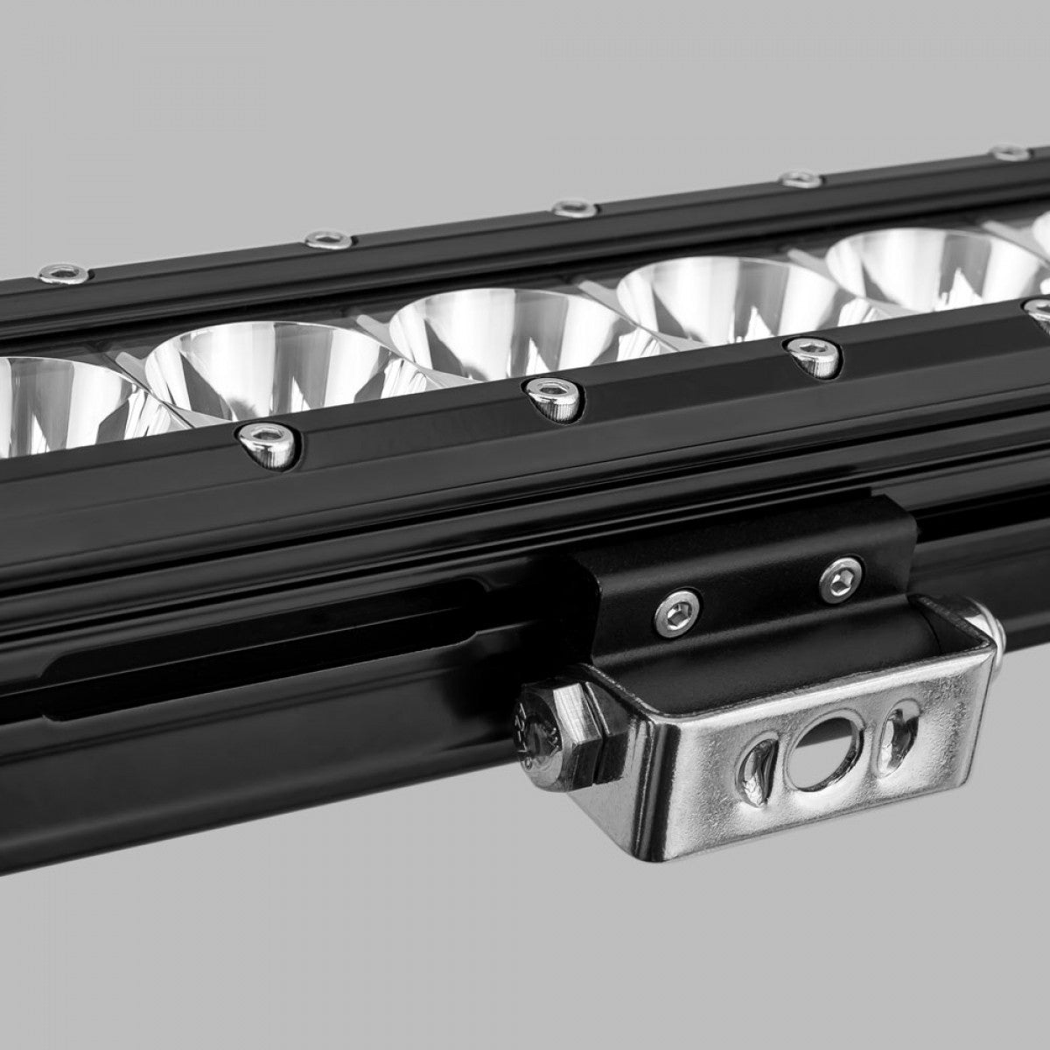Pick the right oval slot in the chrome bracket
pyautogui.click(x=896, y=729)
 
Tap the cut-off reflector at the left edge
pyautogui.click(x=52, y=402)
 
